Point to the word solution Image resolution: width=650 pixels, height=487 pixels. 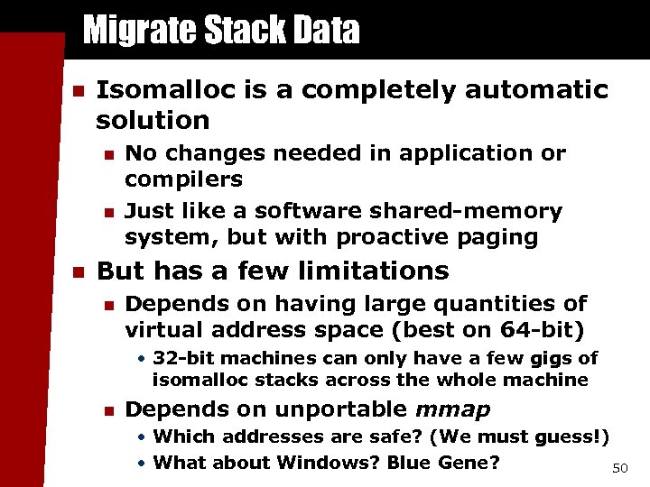(x=153, y=120)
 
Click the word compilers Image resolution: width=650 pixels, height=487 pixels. (x=183, y=179)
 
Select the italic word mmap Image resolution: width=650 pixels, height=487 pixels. (x=452, y=409)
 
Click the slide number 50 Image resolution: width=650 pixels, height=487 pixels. (x=619, y=469)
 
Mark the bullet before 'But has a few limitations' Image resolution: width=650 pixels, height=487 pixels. (x=78, y=271)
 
